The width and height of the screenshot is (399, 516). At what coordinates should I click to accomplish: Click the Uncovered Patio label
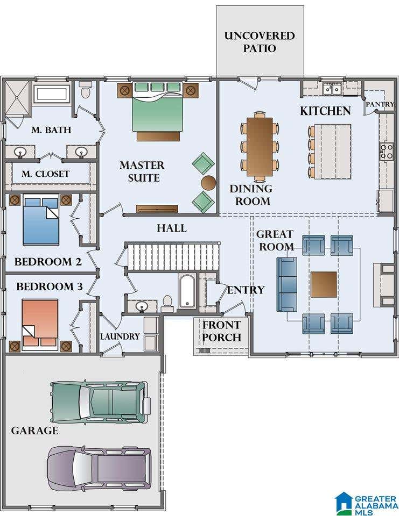point(260,42)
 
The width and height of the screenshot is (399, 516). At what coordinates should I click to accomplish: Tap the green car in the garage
point(100,402)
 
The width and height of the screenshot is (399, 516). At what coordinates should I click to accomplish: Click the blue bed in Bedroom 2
point(41,220)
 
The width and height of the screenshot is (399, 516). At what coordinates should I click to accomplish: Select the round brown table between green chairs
point(208,183)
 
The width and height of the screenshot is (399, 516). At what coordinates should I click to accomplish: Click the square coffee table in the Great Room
point(324,284)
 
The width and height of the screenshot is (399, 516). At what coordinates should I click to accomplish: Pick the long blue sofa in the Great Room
point(286,284)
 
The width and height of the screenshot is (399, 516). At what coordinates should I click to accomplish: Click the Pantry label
point(380,104)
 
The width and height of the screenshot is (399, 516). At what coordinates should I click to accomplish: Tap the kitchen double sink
point(332,89)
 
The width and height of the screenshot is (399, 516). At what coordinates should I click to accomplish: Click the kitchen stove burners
point(387,152)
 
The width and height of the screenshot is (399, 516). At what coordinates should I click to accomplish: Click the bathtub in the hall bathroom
point(187,291)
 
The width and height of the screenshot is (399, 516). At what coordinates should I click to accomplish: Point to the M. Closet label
point(46,174)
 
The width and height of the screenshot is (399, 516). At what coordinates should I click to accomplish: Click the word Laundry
point(120,336)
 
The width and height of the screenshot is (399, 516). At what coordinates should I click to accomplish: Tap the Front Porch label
point(222,331)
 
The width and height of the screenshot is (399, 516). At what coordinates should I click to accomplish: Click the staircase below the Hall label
point(173,257)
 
